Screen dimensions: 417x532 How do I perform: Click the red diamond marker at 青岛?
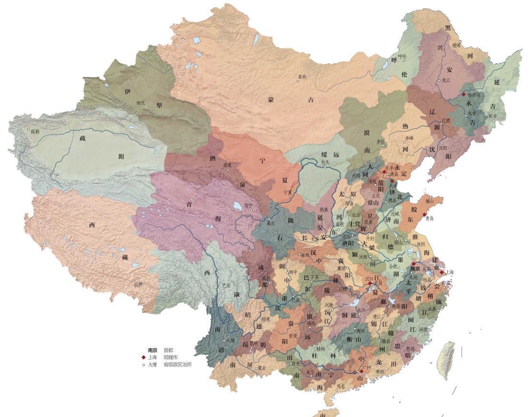point(425,214)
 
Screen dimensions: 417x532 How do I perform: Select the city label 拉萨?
point(139,284)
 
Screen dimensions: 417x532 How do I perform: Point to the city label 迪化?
point(140,103)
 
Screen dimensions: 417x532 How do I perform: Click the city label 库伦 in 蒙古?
point(302,77)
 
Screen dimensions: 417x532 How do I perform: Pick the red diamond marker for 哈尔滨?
point(463,95)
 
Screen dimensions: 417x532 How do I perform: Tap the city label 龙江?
point(446,80)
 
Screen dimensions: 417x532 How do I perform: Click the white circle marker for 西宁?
point(248,205)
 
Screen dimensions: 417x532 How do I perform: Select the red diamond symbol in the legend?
point(143,357)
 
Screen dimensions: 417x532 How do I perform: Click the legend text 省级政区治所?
point(178,364)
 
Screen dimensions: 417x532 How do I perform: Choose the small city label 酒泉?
point(227,165)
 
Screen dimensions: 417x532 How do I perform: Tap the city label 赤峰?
point(409,138)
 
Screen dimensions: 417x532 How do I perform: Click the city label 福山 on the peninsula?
point(429,201)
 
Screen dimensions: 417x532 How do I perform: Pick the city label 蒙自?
point(262,368)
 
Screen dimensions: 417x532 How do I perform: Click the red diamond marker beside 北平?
point(384,171)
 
